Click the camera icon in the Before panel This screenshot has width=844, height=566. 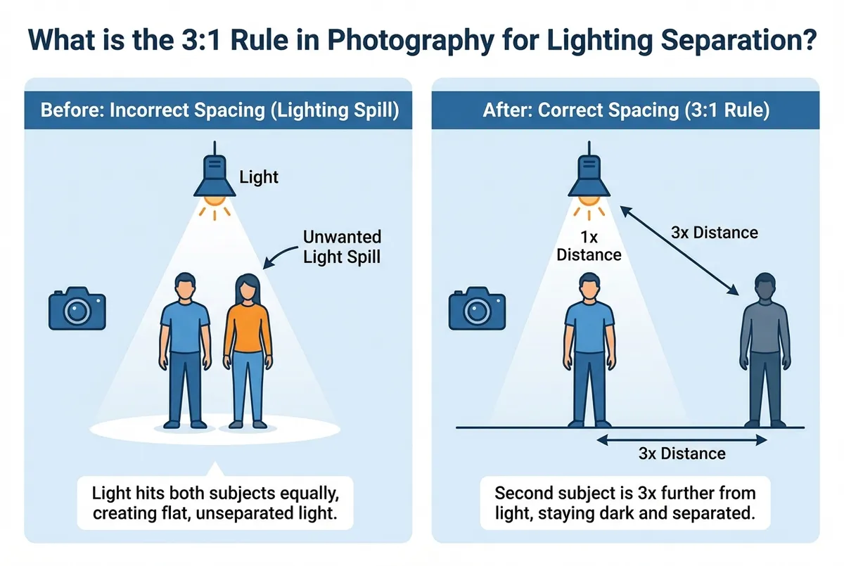point(77,309)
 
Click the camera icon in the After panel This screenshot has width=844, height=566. point(478,309)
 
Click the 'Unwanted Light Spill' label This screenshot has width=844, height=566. point(341,247)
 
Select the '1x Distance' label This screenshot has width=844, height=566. point(589,245)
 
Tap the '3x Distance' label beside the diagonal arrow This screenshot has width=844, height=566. point(715,232)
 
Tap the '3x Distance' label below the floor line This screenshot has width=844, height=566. point(682,454)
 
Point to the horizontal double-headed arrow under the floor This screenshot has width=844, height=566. point(682,440)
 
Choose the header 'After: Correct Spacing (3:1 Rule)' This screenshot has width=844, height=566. point(625,111)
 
